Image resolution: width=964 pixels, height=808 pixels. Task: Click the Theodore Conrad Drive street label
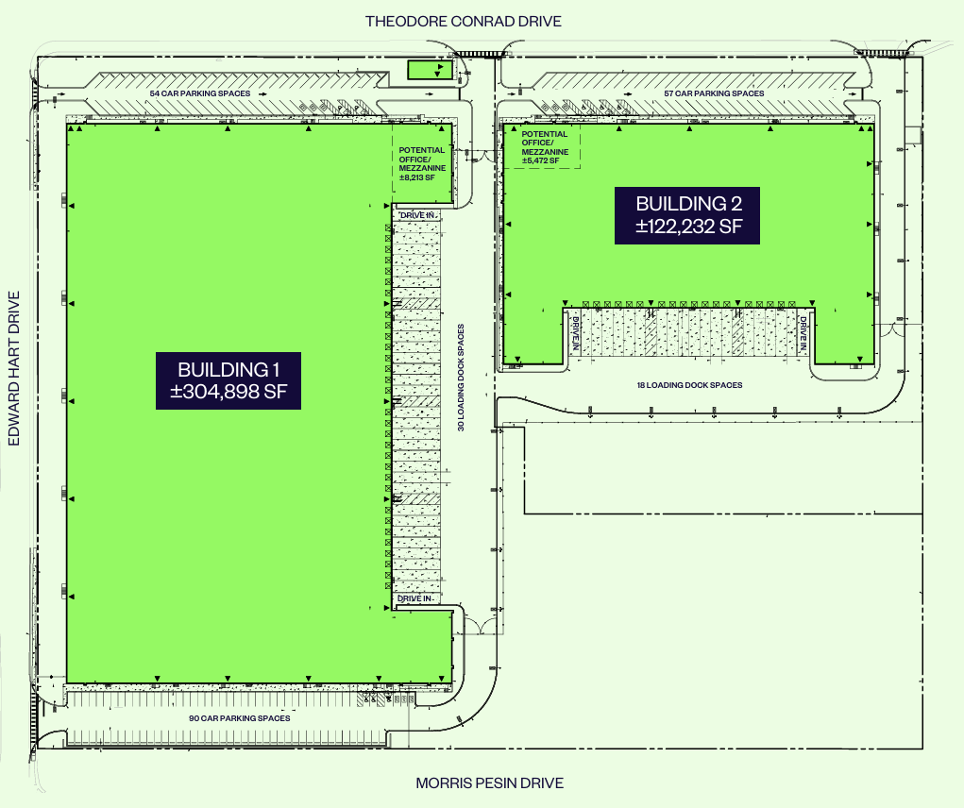(463, 22)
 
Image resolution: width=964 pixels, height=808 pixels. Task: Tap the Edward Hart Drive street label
(14, 369)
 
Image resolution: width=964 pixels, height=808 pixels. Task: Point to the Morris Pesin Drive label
(489, 783)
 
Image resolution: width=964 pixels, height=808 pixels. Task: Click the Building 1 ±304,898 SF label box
(228, 380)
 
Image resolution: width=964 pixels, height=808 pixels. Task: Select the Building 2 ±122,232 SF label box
(687, 215)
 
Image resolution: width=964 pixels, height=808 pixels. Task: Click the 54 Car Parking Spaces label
(200, 93)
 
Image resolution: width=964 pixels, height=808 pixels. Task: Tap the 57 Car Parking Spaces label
(714, 93)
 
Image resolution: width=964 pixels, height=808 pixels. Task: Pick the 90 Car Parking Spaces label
(239, 718)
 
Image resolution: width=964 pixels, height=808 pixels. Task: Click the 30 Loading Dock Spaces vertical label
(461, 378)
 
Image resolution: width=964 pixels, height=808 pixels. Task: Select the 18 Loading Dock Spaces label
(689, 385)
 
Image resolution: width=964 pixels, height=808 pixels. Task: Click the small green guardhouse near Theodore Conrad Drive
(430, 70)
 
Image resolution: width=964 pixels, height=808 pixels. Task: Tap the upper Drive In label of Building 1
(417, 215)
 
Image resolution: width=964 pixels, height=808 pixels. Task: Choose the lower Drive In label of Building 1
(415, 598)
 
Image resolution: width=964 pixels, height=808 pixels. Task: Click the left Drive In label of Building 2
(575, 333)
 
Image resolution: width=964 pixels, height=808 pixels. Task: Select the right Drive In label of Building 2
(803, 333)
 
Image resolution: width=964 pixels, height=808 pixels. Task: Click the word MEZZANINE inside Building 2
(545, 152)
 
